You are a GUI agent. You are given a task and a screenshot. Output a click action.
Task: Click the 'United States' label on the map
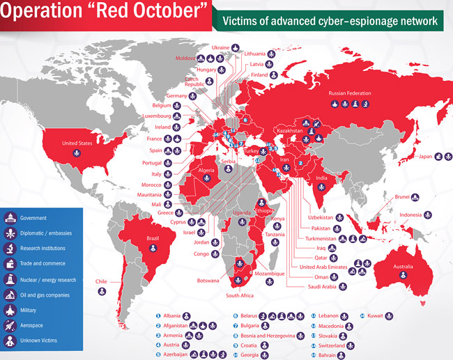pyautogui.click(x=77, y=143)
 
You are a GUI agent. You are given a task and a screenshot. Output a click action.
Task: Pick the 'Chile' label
pyautogui.click(x=101, y=281)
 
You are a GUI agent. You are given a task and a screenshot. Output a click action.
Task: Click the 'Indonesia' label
pyautogui.click(x=410, y=214)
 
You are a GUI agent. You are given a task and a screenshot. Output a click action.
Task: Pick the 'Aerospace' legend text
pyautogui.click(x=33, y=325)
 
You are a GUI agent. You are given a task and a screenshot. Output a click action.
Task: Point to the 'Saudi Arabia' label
pyautogui.click(x=319, y=286)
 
